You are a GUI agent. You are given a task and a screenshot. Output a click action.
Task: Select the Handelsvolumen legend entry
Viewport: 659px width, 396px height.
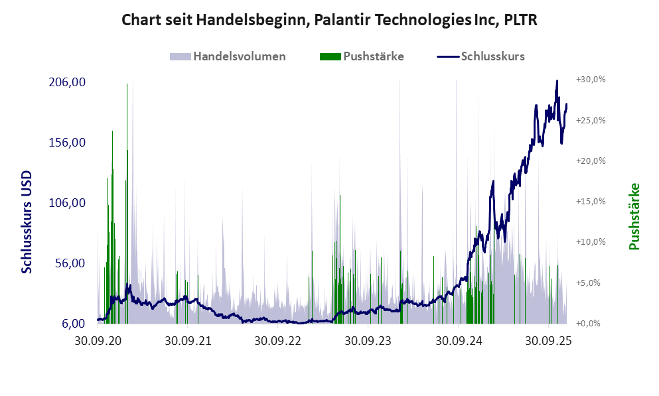point(239,56)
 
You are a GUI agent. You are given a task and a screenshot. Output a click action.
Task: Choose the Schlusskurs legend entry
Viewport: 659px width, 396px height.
point(492,56)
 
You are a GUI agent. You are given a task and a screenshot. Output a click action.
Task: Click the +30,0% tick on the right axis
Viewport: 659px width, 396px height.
point(591,80)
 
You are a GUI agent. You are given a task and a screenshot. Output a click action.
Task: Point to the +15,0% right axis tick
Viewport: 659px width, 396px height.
point(591,202)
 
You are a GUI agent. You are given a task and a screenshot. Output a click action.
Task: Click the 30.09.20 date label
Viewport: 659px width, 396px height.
point(98,342)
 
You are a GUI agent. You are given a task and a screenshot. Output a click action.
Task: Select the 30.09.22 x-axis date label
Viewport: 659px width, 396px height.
point(278,342)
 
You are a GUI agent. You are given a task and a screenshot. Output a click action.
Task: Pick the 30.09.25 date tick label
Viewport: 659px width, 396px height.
point(548,342)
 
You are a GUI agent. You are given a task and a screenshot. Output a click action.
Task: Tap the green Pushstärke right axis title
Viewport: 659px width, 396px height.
point(634,216)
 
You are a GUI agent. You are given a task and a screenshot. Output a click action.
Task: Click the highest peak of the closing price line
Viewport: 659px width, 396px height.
point(557,82)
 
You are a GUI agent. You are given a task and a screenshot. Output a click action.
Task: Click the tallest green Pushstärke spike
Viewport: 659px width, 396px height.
point(127,85)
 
